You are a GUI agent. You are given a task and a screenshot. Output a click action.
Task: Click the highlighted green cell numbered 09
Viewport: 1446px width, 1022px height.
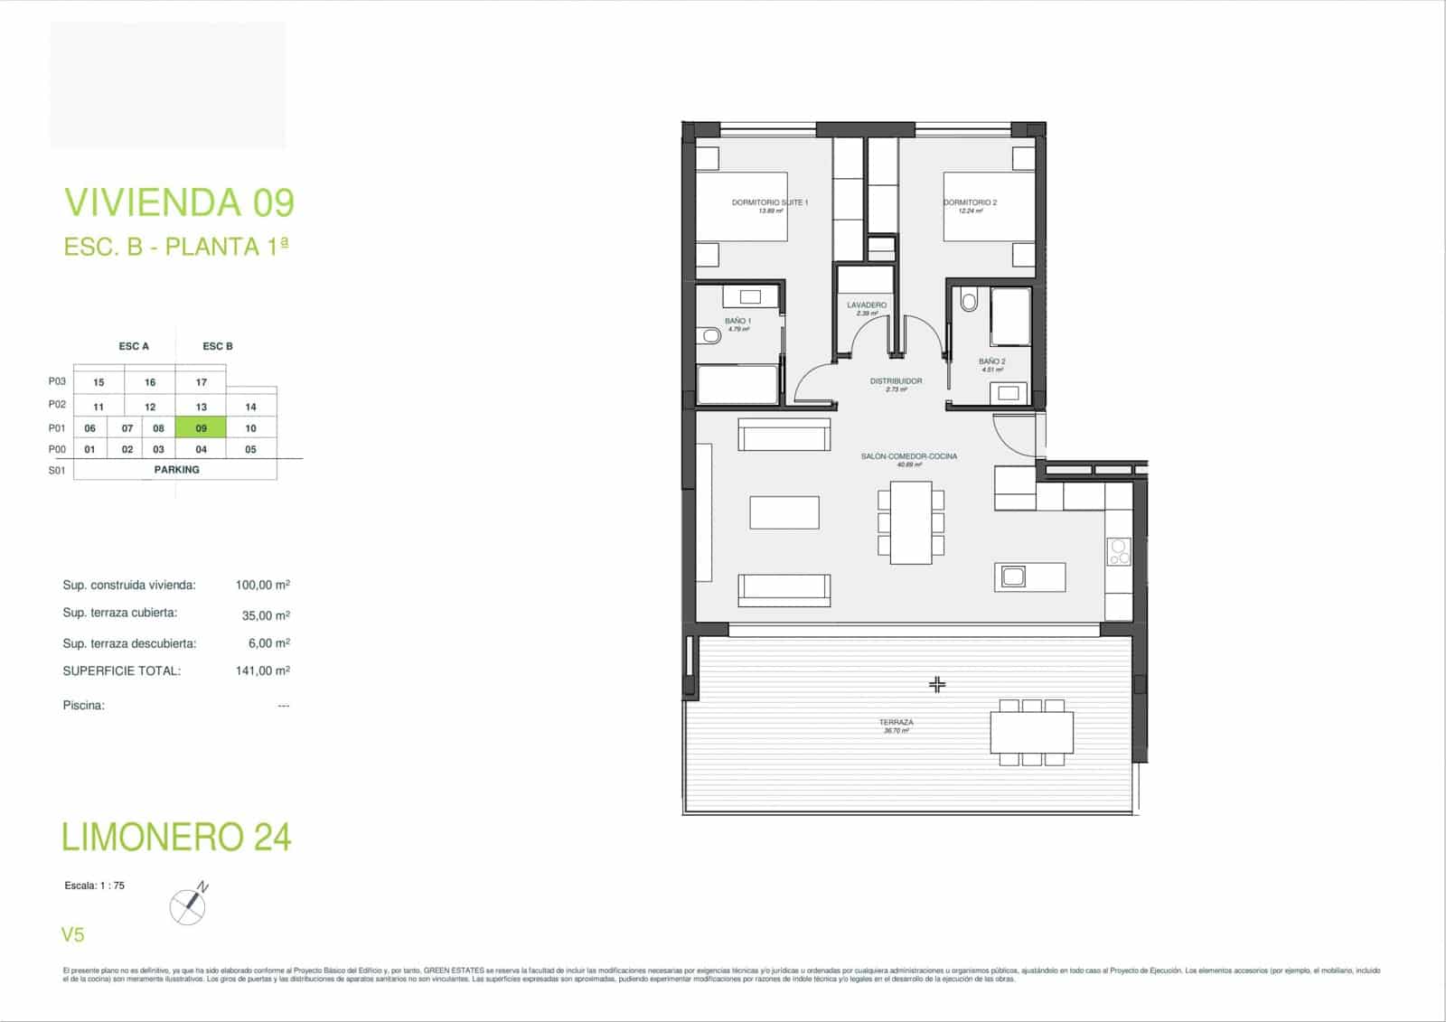tap(201, 428)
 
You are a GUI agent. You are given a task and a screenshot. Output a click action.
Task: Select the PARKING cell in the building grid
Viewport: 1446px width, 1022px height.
tap(176, 470)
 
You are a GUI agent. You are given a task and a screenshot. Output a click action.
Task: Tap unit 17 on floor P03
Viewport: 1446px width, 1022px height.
tap(201, 382)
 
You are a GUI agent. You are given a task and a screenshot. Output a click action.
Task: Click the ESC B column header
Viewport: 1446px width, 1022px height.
tap(217, 346)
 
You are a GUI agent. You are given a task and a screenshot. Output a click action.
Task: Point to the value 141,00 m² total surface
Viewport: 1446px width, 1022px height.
tap(262, 670)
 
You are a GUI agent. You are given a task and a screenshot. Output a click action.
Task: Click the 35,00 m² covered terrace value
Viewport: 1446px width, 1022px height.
tap(262, 615)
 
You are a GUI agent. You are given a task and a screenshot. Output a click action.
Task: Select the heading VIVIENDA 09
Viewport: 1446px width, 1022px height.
tap(179, 202)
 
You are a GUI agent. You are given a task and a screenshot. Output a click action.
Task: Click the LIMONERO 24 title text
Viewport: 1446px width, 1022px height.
tap(176, 837)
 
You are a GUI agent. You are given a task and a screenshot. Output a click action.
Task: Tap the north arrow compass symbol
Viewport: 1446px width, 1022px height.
tap(189, 905)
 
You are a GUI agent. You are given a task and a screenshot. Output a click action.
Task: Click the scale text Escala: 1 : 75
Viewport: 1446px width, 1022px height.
tap(95, 886)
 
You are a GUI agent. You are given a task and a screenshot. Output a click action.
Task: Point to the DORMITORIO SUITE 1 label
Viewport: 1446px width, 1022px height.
tap(769, 202)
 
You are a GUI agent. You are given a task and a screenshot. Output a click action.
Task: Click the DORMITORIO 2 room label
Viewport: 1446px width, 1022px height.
tap(970, 202)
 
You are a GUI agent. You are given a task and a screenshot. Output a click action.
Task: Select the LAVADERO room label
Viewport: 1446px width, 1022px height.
tap(866, 305)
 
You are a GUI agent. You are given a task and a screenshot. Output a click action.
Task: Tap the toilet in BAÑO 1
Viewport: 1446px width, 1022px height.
tap(709, 336)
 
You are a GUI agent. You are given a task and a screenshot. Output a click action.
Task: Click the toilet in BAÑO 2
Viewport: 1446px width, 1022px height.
tap(969, 300)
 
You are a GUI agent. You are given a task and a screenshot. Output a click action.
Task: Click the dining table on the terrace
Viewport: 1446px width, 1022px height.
tap(1031, 732)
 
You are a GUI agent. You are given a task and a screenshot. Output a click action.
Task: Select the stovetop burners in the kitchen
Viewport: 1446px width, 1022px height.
tap(1119, 551)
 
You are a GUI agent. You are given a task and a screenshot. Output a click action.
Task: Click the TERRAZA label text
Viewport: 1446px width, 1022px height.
tap(896, 723)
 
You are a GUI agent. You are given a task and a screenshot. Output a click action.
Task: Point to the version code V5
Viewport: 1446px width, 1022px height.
tap(72, 935)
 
